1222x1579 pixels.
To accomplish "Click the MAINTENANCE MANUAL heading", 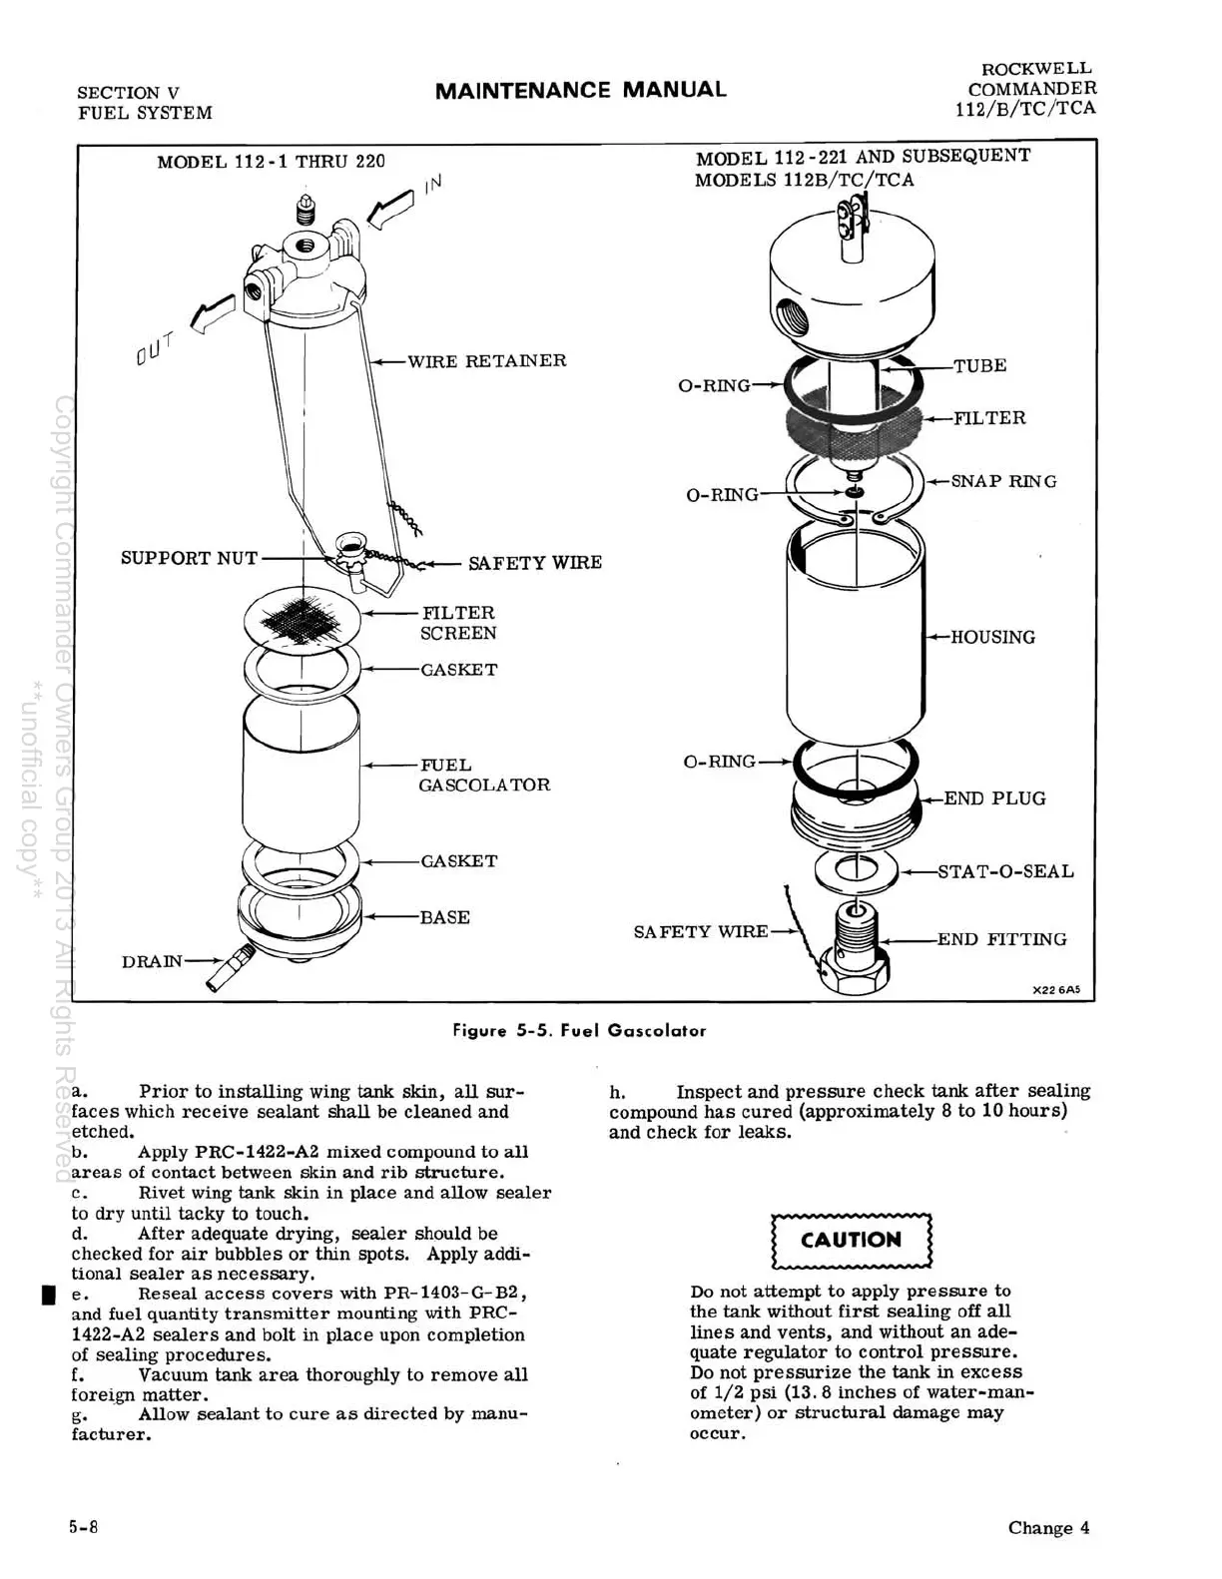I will pyautogui.click(x=580, y=90).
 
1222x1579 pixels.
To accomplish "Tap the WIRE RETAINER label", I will pyautogui.click(x=486, y=360).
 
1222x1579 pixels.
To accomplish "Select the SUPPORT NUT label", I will pyautogui.click(x=189, y=558).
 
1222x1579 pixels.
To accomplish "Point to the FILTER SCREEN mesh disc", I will pyautogui.click(x=303, y=613).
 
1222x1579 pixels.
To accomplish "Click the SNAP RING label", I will pyautogui.click(x=1002, y=481).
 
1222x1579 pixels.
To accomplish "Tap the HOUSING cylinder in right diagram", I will pyautogui.click(x=856, y=639).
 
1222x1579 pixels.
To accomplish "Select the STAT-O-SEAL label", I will pyautogui.click(x=1005, y=871).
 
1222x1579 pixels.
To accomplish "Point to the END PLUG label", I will pyautogui.click(x=994, y=798).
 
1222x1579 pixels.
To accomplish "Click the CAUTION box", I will pyautogui.click(x=851, y=1241).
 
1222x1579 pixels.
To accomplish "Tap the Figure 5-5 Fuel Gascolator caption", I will pyautogui.click(x=579, y=1030).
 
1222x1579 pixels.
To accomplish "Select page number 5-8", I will pyautogui.click(x=83, y=1527).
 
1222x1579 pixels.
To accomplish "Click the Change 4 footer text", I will pyautogui.click(x=1048, y=1527).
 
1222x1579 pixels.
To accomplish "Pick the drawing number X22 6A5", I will pyautogui.click(x=1056, y=990).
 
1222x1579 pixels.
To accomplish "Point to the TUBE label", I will pyautogui.click(x=979, y=365).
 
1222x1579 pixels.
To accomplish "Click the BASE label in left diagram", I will pyautogui.click(x=444, y=917).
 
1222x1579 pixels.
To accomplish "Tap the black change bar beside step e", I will pyautogui.click(x=46, y=1295).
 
